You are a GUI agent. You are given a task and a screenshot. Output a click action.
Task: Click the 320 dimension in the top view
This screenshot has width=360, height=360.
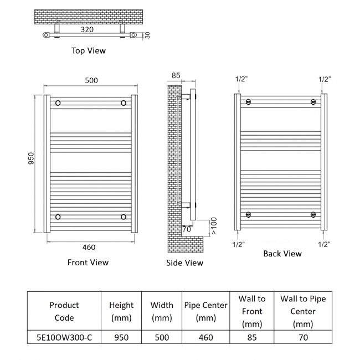pyautogui.click(x=87, y=29)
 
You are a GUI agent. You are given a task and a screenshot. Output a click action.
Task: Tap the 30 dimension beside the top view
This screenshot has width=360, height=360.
pyautogui.click(x=147, y=35)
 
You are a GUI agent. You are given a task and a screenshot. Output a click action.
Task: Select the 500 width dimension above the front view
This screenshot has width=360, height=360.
pyautogui.click(x=91, y=80)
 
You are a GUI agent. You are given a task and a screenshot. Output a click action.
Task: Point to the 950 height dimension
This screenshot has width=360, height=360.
pyautogui.click(x=31, y=158)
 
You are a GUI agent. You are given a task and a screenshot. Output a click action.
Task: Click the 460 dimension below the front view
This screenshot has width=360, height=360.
pyautogui.click(x=89, y=247)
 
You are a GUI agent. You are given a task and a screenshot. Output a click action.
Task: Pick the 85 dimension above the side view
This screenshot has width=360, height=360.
pyautogui.click(x=176, y=75)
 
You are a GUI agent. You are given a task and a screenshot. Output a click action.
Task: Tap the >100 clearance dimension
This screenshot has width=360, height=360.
pyautogui.click(x=214, y=226)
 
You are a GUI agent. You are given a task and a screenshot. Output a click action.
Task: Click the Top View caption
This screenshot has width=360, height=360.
pyautogui.click(x=89, y=50)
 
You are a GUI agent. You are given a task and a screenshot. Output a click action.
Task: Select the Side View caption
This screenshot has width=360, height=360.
pyautogui.click(x=184, y=263)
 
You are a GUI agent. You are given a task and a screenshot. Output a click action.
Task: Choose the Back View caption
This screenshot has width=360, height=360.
pyautogui.click(x=282, y=254)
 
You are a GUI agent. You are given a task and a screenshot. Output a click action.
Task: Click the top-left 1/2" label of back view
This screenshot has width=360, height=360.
pyautogui.click(x=241, y=79)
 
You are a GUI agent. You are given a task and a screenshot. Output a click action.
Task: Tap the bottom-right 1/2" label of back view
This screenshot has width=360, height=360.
pyautogui.click(x=324, y=244)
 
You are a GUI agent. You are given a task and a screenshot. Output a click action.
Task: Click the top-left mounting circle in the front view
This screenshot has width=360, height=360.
pyautogui.click(x=58, y=103)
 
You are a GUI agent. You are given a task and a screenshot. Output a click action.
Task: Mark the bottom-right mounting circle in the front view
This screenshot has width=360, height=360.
pyautogui.click(x=124, y=217)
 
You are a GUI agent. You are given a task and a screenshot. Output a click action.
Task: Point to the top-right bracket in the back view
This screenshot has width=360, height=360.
pyautogui.click(x=313, y=102)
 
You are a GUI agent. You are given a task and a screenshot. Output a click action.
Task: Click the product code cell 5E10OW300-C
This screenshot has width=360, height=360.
pyautogui.click(x=64, y=337)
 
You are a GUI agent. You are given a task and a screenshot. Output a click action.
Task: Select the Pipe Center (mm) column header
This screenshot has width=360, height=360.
pyautogui.click(x=205, y=311)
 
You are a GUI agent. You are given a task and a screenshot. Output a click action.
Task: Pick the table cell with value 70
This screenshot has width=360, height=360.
pyautogui.click(x=303, y=337)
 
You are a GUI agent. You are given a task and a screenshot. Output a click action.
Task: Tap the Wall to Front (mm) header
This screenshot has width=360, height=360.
pyautogui.click(x=252, y=311)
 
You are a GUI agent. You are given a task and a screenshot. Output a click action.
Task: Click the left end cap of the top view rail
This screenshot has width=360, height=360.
pyautogui.click(x=46, y=35)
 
